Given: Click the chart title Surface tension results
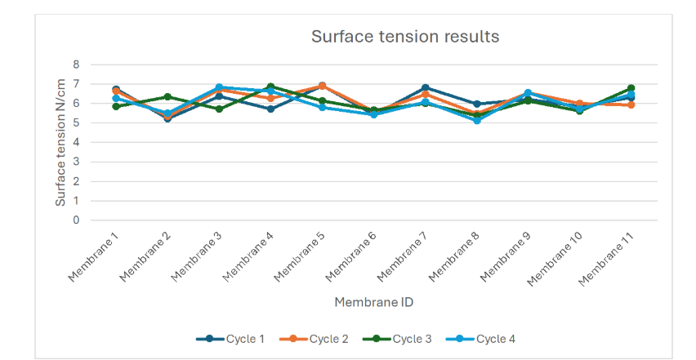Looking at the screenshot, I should point(404,37).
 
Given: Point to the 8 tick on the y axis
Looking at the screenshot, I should point(76,64).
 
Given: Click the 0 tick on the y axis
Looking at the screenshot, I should point(76,220).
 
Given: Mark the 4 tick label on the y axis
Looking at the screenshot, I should point(76,142).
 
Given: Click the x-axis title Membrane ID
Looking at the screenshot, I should point(373,302).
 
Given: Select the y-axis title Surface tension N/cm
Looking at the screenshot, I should point(60,143).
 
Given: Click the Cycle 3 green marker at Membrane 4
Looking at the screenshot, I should point(270,87).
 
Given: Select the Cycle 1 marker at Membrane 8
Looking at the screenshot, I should point(477,104).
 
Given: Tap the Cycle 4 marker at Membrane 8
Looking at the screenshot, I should point(477,120).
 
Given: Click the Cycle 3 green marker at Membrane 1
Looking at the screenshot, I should point(116,106).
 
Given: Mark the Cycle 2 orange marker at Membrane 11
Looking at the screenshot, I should point(631,104).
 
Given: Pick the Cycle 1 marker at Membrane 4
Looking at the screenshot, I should point(270,109).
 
